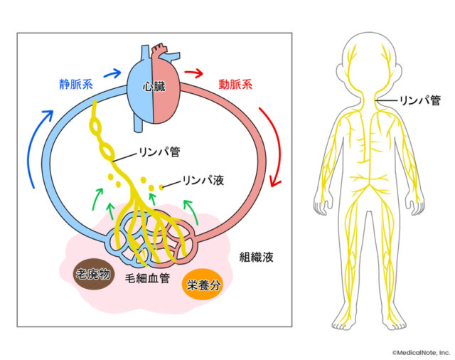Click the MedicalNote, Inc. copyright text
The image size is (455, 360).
(420, 351)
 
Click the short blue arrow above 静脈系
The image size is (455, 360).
(111, 71)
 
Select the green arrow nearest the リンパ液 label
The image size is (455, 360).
(188, 209)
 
